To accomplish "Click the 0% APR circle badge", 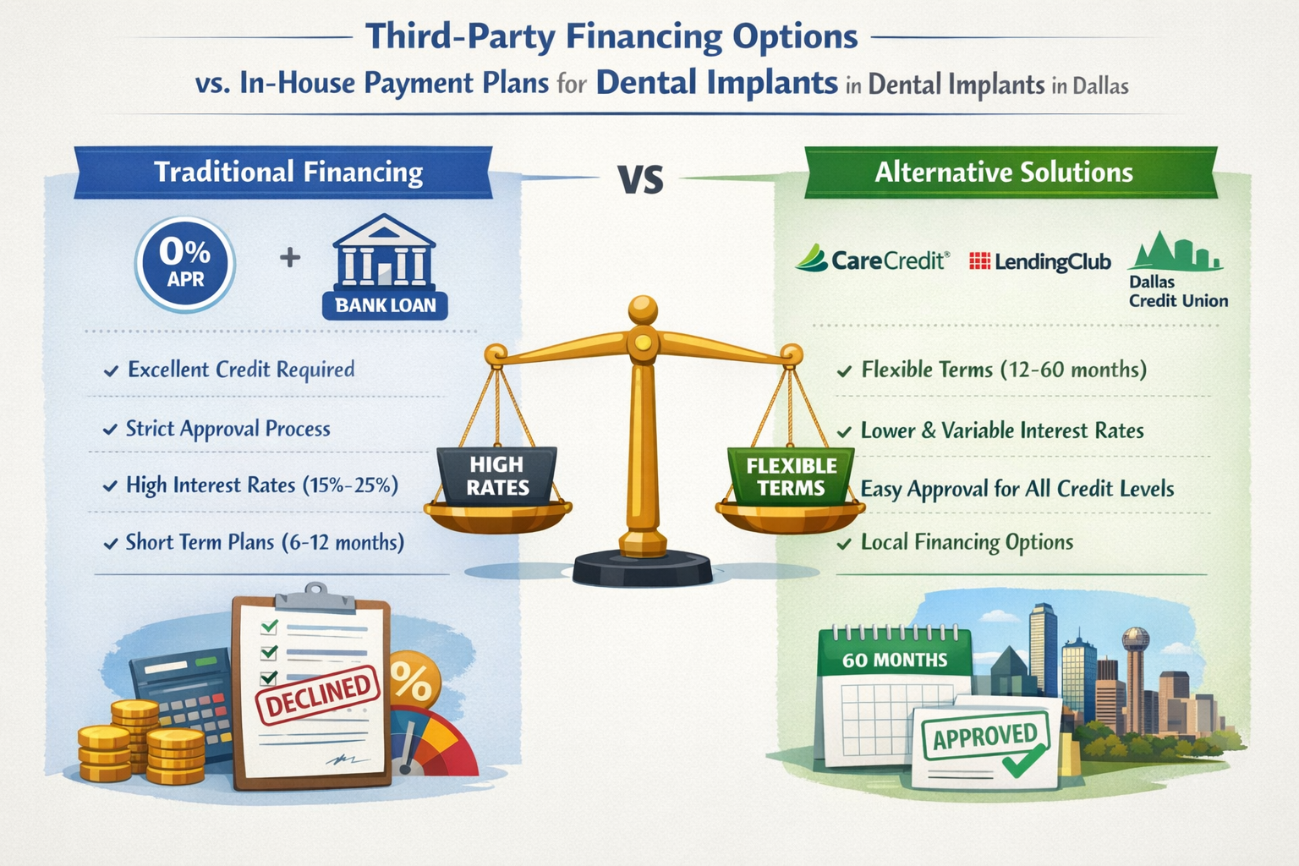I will [x=184, y=264].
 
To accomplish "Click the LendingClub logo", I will [x=1039, y=261].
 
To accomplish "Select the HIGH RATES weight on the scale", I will [x=497, y=476].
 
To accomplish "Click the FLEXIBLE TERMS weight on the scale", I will [x=791, y=476].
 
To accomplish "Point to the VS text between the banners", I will [x=640, y=179].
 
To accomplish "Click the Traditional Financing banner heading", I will [x=288, y=173].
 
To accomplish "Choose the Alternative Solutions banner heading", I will [x=1003, y=173].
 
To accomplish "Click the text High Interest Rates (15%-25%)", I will [x=261, y=485].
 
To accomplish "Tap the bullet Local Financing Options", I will [x=967, y=542].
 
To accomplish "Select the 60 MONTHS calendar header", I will [x=895, y=660].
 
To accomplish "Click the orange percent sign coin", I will [x=414, y=679].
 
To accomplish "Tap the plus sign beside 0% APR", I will [x=290, y=257].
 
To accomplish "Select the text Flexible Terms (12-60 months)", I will [x=1003, y=370].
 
